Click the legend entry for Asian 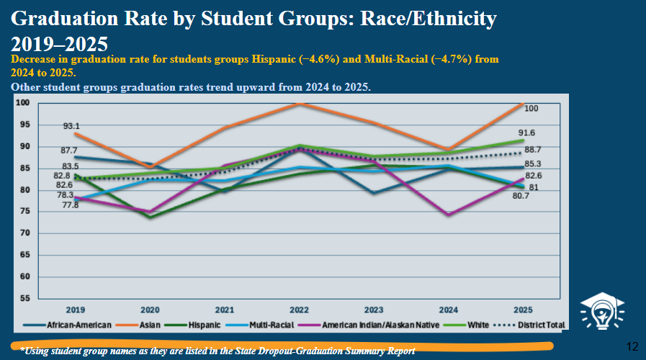coord(138,325)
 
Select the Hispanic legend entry coord(192,325)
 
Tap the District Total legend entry coord(529,325)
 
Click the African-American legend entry coord(67,325)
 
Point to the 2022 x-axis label coord(299,310)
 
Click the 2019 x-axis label coord(76,310)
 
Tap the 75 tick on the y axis coord(24,211)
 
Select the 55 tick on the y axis coord(24,298)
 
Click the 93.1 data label coord(71,126)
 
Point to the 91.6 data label coord(526,132)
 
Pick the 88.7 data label coord(533,150)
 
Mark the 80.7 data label coord(521,196)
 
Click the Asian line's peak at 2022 coord(300,104)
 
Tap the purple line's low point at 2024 coord(448,214)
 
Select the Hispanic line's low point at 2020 coord(150,217)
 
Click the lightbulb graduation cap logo coord(602,311)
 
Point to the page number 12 coord(632,347)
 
